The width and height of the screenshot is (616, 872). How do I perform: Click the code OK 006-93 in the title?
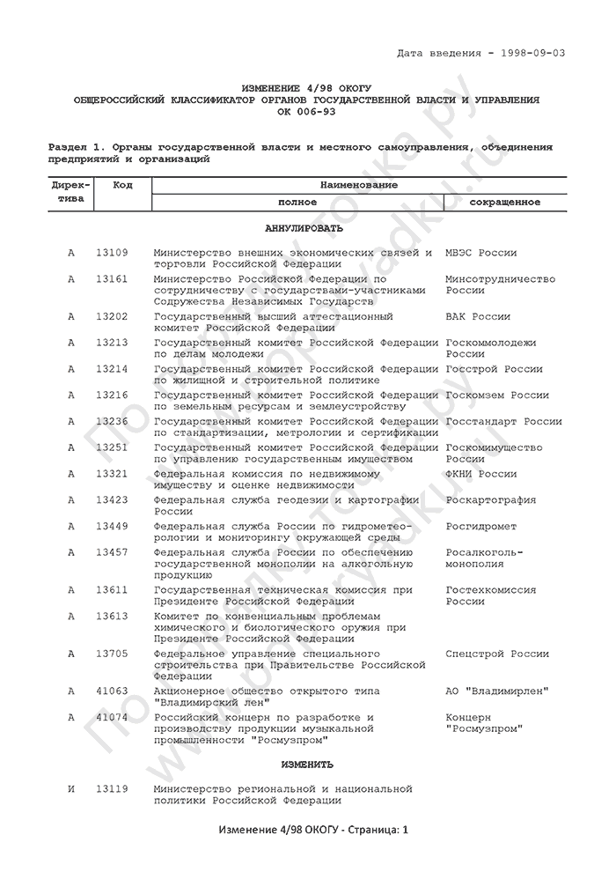[x=306, y=113]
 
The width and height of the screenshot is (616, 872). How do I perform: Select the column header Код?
[x=122, y=185]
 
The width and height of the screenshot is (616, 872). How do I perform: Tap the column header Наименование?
[x=358, y=185]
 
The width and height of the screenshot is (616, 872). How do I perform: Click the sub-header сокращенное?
[x=504, y=202]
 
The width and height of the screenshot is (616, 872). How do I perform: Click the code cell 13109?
[x=112, y=253]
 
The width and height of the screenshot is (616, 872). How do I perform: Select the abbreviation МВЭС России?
[x=480, y=253]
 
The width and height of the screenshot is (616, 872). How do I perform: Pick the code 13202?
[x=112, y=315]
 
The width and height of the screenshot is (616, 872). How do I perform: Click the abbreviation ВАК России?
[x=477, y=315]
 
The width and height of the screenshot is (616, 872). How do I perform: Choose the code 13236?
[x=112, y=421]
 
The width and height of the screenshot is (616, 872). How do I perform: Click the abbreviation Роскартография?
[x=490, y=500]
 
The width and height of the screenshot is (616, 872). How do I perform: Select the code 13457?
[x=112, y=552]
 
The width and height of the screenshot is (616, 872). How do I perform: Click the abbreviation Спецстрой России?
[x=496, y=654]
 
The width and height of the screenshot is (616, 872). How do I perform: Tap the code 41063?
[x=112, y=691]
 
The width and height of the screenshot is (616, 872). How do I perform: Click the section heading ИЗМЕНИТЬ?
[x=306, y=764]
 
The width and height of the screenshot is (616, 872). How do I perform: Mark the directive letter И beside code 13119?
[x=71, y=788]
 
